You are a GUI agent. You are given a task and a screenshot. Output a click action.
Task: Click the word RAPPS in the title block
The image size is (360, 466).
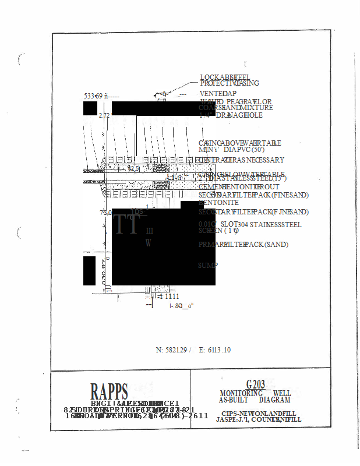point(109,391)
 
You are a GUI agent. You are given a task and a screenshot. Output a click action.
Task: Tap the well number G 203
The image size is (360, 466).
point(255,384)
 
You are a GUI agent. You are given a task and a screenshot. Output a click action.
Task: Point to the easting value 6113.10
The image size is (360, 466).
point(218,350)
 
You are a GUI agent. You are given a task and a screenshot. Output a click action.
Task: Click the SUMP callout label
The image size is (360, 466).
point(209,265)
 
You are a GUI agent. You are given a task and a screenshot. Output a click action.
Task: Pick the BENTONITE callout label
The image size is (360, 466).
point(218,203)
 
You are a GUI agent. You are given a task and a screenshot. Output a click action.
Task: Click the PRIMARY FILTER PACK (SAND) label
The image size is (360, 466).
point(243,245)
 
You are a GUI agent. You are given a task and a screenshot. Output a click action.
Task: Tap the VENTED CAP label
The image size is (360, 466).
point(218,93)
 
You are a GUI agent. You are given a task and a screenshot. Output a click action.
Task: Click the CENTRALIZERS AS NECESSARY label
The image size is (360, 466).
point(241,160)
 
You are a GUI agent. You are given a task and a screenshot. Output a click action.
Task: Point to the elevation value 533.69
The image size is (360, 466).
point(94,96)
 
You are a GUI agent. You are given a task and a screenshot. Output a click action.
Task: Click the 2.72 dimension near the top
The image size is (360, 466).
point(104,115)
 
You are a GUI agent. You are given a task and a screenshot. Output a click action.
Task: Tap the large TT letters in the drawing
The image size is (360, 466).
point(126,224)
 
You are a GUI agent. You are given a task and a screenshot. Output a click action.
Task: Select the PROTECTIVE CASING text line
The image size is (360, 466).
point(230,83)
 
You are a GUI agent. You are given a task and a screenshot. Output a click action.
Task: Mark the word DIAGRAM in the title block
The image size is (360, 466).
point(274,400)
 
